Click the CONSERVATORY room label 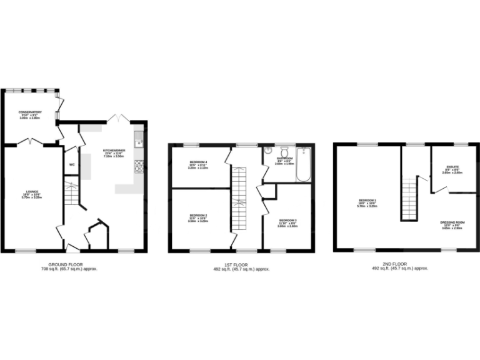click(30, 112)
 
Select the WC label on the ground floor click(71, 166)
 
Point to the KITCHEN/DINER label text click(114, 151)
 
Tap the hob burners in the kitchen click(139, 166)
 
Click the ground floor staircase click(71, 194)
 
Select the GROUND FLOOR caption click(69, 264)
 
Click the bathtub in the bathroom click(304, 164)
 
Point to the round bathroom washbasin click(267, 150)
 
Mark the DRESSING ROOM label click(452, 222)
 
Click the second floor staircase click(409, 196)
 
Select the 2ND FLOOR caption click(401, 264)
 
